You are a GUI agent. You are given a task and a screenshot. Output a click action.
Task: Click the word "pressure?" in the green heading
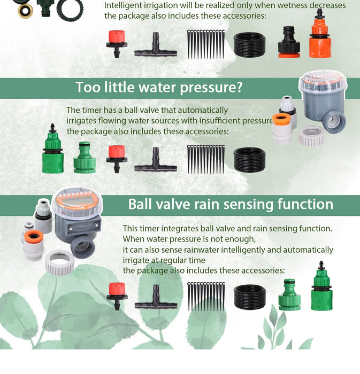click(x=206, y=87)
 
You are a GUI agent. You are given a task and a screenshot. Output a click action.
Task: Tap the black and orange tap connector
click(x=289, y=43)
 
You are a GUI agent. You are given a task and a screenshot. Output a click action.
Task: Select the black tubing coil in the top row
click(x=249, y=45)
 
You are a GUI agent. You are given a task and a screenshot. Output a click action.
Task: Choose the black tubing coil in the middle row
click(x=249, y=160)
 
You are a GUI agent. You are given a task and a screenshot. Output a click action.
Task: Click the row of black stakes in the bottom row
click(x=206, y=295)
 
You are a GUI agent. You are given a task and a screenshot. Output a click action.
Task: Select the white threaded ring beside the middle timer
click(x=311, y=136)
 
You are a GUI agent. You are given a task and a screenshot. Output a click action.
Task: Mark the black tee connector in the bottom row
click(x=155, y=300)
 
